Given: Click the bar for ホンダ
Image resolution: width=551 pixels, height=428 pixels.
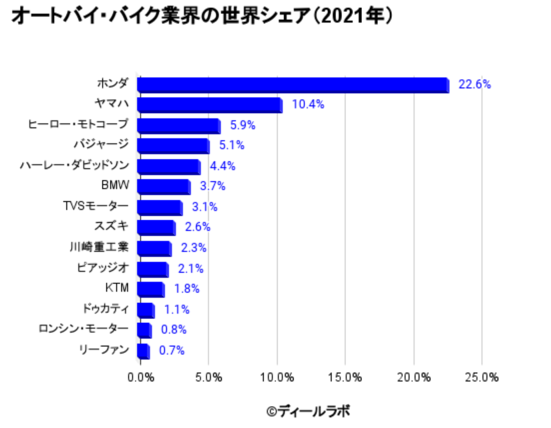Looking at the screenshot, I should pos(293,84).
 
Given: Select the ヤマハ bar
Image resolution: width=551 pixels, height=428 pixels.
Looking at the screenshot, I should pos(210,105).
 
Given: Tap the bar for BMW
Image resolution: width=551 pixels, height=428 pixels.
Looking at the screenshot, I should pos(164,187).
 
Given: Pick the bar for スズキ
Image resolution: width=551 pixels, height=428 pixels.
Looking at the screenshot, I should pos(156,228).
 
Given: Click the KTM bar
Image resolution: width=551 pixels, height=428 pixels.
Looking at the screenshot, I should pos(150,289).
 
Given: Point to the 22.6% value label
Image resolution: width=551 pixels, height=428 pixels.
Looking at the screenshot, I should pos(474,84).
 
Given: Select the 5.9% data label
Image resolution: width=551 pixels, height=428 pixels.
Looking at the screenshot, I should pos(243,125).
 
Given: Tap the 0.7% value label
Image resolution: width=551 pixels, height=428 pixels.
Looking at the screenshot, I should pos(172,350).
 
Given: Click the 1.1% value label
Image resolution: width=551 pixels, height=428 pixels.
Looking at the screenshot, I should pos(177,309).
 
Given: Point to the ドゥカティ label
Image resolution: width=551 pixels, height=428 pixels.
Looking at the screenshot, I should pos(105,308).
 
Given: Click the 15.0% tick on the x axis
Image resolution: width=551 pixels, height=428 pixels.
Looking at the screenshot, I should pos(345,377).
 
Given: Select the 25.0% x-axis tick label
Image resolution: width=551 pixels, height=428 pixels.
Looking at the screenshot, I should pos(482,377).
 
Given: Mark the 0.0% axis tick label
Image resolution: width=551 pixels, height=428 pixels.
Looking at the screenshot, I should pos(140,377).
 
